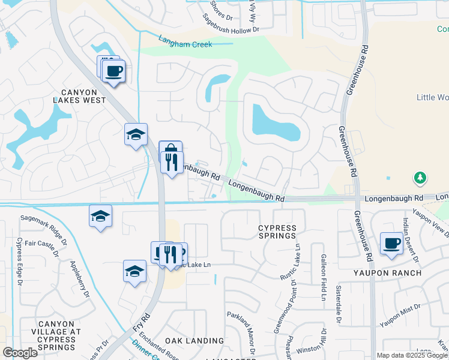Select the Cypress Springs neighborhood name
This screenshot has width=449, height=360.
[x=277, y=232]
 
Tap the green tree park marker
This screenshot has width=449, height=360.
[x=420, y=178]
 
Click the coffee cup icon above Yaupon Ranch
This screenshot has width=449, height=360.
[x=392, y=244]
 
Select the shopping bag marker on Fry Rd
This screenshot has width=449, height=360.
[x=170, y=149]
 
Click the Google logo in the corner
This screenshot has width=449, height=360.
[x=20, y=353]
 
